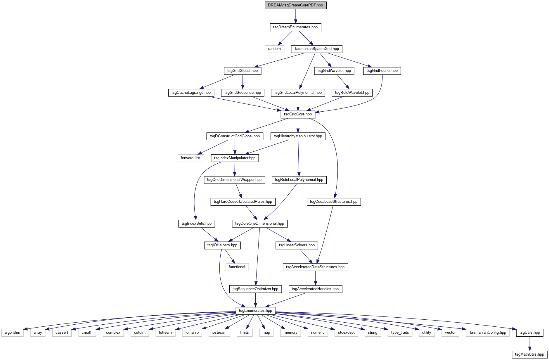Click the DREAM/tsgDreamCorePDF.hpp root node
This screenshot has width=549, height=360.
295,5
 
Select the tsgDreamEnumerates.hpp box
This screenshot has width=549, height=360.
295,27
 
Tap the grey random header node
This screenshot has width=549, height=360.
274,49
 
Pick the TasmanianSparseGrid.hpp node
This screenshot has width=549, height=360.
316,49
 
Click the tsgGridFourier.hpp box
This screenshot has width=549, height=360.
382,71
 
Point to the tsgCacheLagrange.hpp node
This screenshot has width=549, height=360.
191,93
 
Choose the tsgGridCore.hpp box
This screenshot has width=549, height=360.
298,114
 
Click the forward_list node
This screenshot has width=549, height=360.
190,158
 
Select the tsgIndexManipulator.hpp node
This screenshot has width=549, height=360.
235,158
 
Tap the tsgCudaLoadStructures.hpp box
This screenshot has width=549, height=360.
334,202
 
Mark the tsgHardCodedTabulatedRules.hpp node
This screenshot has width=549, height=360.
243,202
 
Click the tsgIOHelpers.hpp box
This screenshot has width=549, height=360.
222,245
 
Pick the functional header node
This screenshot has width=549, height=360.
237,267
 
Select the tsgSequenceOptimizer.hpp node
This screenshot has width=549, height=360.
255,289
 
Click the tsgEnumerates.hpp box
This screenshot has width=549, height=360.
255,311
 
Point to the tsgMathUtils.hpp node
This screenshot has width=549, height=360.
529,354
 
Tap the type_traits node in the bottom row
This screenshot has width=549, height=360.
400,333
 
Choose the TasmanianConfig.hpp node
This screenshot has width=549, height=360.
488,333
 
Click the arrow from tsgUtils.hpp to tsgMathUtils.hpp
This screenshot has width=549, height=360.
530,344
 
